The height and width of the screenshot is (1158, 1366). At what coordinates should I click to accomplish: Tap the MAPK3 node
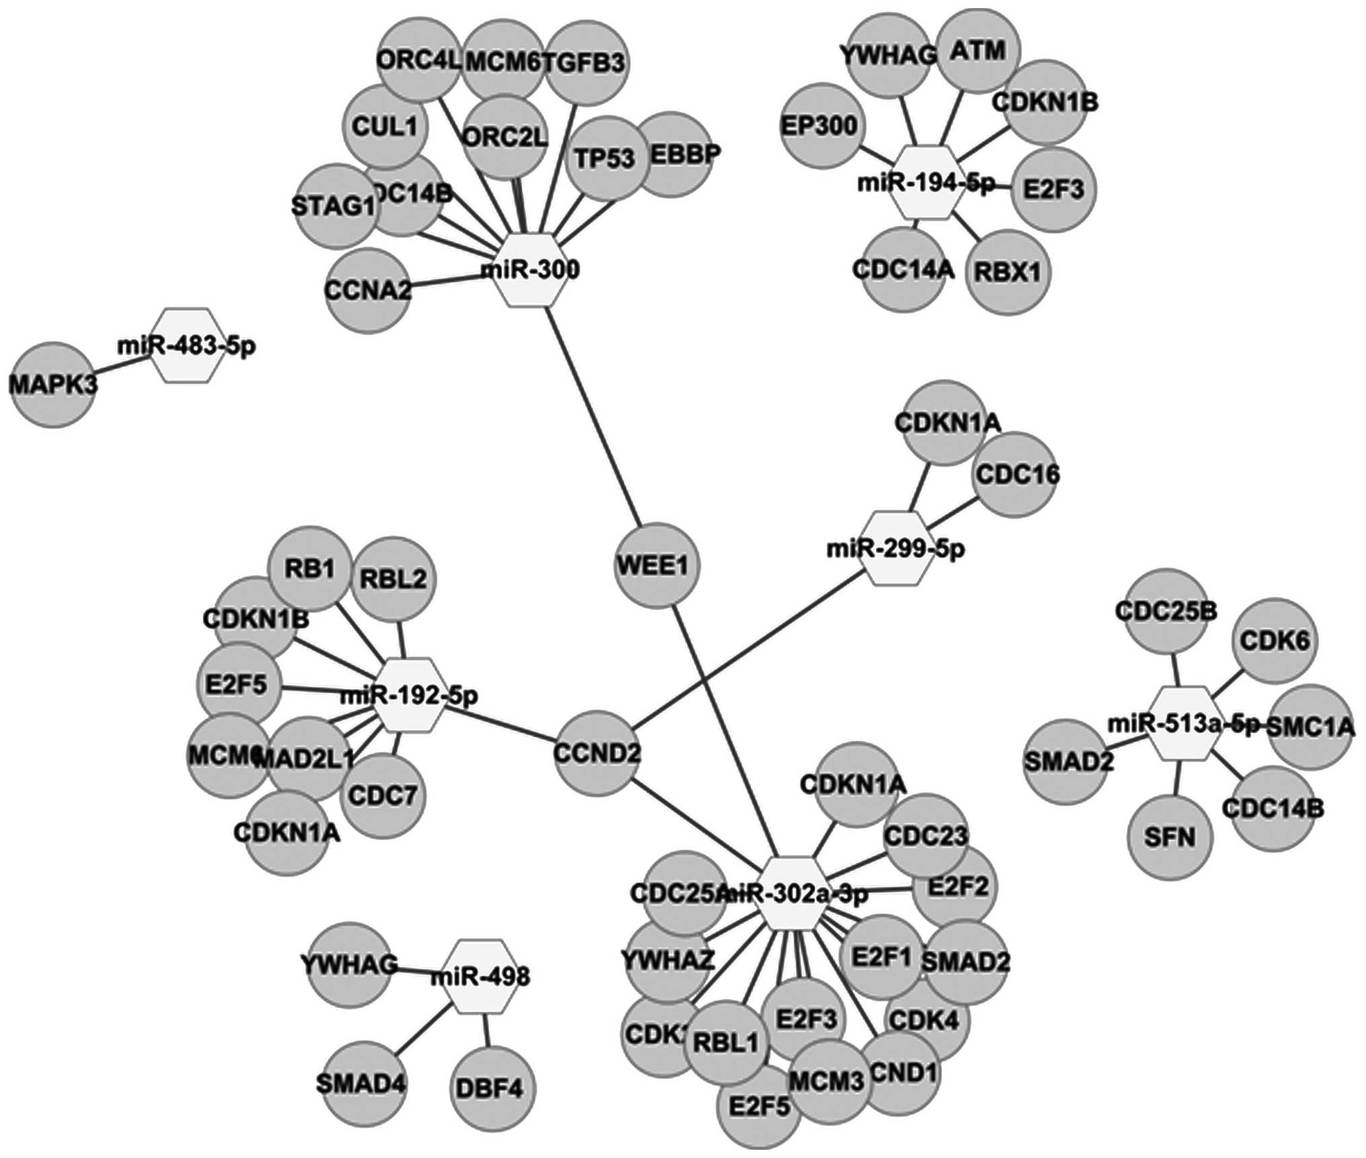(x=52, y=384)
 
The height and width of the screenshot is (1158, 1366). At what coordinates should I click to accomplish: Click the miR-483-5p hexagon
(x=186, y=346)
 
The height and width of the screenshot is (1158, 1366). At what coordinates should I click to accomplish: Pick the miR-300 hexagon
(x=530, y=270)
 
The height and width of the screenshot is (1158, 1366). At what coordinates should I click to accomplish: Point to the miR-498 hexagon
(x=480, y=976)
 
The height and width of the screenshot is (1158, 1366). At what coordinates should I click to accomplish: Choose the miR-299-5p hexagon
(x=896, y=548)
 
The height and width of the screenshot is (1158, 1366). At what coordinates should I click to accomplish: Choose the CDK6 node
(x=1273, y=641)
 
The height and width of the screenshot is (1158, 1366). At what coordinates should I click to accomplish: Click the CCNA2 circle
(x=367, y=291)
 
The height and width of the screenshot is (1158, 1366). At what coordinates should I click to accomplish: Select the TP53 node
(x=605, y=159)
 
